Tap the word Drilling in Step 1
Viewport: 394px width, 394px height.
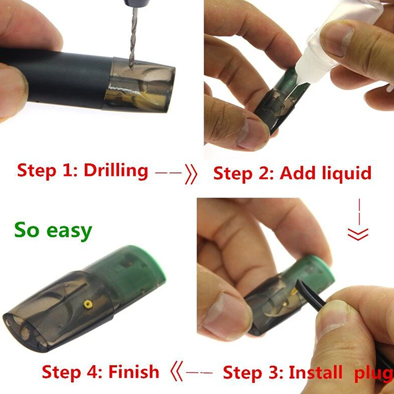[116, 170]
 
